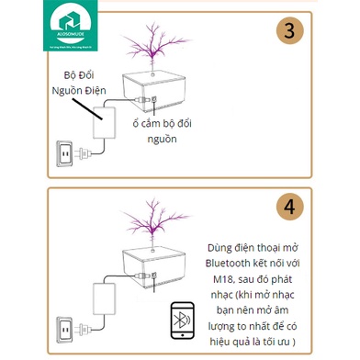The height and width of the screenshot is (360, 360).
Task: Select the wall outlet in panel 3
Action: pos(64,153)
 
